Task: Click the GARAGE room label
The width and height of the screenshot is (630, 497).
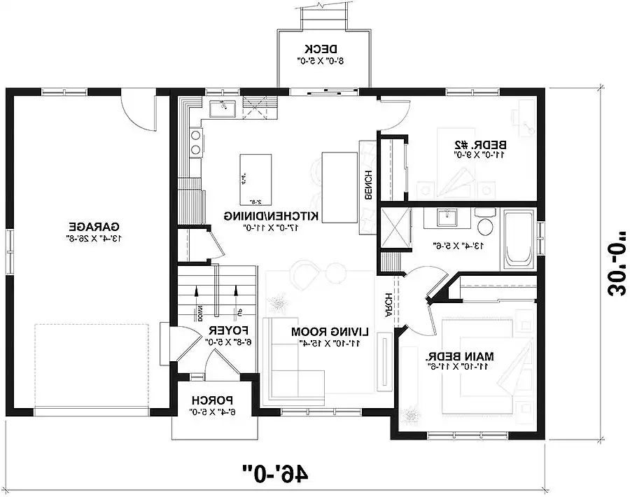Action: [x=94, y=227]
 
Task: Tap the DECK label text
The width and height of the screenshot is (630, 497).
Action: [x=321, y=49]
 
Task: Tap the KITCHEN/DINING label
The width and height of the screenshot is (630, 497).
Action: [x=272, y=216]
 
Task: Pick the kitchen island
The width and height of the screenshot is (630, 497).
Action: [x=254, y=176]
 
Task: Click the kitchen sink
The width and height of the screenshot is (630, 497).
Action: [x=221, y=108]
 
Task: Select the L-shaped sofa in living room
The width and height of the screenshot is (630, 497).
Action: [x=294, y=364]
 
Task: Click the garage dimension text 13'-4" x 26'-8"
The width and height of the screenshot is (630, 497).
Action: [x=94, y=238]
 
